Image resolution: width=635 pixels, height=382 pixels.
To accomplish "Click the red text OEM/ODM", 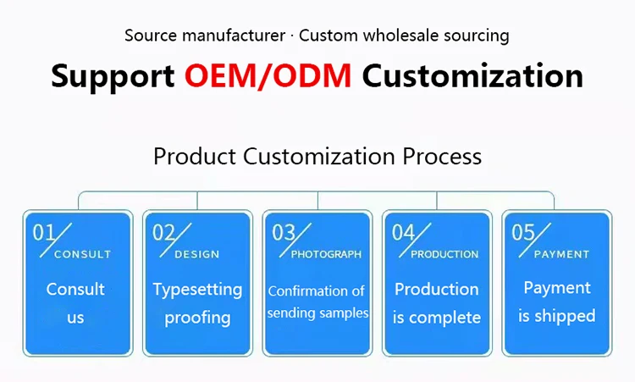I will click(x=268, y=75).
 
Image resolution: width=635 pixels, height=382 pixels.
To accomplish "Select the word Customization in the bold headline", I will click(x=472, y=75).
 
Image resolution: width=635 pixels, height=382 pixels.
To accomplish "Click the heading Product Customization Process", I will click(x=317, y=157).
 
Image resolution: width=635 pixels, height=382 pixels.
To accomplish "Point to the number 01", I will click(x=43, y=231).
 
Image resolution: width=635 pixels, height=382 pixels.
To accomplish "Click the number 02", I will click(x=163, y=231).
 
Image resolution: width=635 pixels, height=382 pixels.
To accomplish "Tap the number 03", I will click(x=284, y=231).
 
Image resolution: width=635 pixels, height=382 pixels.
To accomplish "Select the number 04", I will click(x=404, y=231).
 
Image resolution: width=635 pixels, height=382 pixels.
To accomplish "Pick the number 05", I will click(x=524, y=231).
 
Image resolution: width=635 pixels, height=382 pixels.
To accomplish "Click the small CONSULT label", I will click(x=82, y=254).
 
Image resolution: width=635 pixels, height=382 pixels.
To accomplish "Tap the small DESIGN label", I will click(x=196, y=254).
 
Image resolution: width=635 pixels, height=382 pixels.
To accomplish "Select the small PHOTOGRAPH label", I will click(x=326, y=254).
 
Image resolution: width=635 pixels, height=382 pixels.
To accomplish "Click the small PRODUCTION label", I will click(x=444, y=254).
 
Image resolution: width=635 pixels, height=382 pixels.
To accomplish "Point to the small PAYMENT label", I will click(x=561, y=254).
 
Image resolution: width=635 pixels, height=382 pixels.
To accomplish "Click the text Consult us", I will click(x=76, y=303).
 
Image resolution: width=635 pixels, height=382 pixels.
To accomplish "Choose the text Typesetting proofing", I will click(x=197, y=303).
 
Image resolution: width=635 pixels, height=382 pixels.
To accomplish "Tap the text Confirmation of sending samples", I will click(x=317, y=302).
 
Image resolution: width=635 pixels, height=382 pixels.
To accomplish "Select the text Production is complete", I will click(x=437, y=303).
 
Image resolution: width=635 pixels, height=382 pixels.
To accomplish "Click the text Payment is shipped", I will click(x=557, y=302).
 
